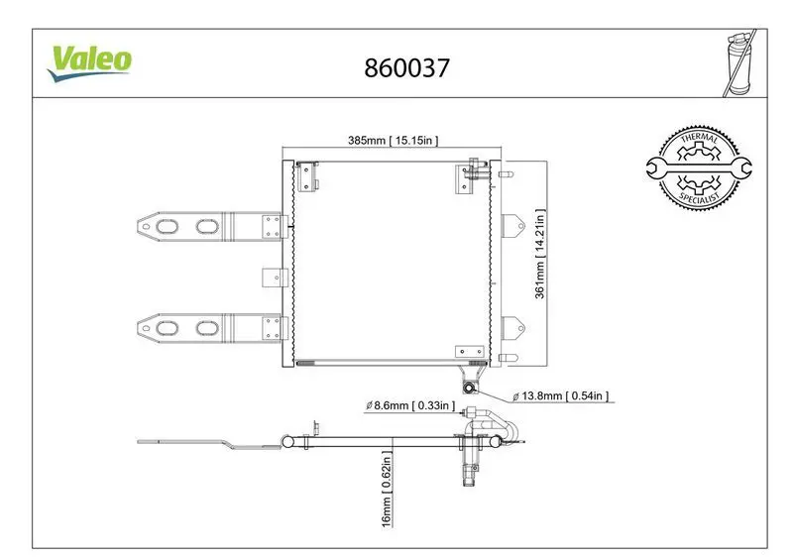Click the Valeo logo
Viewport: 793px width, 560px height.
[x=89, y=63]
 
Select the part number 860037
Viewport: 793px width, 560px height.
[x=406, y=67]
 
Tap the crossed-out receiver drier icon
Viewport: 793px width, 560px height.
[x=739, y=62]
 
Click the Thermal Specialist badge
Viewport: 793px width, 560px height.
[x=699, y=168]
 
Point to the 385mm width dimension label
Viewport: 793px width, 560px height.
[x=393, y=140]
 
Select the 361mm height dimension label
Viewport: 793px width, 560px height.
[x=540, y=254]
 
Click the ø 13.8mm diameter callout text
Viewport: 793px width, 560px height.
[x=560, y=395]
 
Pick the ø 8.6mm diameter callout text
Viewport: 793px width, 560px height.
[x=410, y=405]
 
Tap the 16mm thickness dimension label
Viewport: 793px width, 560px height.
[x=387, y=490]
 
